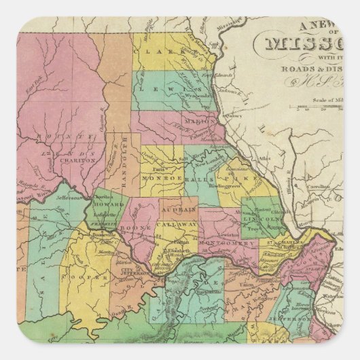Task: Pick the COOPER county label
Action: pos(94,277)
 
